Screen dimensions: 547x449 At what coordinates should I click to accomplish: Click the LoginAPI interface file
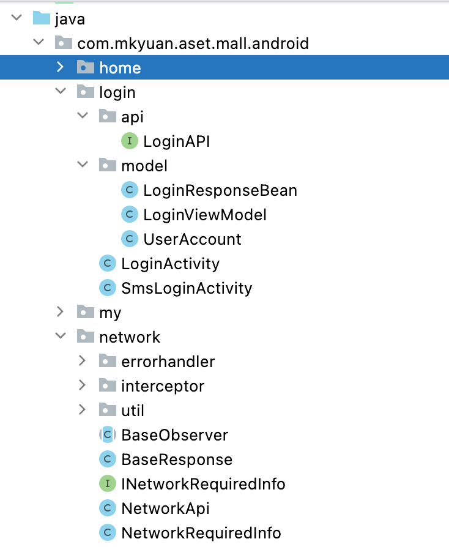pyautogui.click(x=177, y=141)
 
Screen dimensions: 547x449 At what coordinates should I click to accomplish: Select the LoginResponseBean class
pyautogui.click(x=220, y=190)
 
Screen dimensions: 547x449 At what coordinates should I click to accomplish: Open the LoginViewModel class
pyautogui.click(x=205, y=215)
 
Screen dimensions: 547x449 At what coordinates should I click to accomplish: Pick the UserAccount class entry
pyautogui.click(x=192, y=239)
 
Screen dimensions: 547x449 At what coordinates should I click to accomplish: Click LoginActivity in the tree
pyautogui.click(x=170, y=264)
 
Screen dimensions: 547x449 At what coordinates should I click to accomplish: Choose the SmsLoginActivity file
pyautogui.click(x=187, y=288)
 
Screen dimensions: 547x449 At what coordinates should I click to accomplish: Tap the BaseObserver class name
pyautogui.click(x=174, y=435)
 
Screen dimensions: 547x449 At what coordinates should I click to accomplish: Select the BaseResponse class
pyautogui.click(x=177, y=460)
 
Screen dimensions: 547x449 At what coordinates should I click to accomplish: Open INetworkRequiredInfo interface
pyautogui.click(x=203, y=484)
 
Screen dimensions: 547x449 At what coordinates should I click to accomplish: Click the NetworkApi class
pyautogui.click(x=165, y=508)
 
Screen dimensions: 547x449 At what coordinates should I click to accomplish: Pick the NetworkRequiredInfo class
pyautogui.click(x=201, y=533)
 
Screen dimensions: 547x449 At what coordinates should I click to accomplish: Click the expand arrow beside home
pyautogui.click(x=60, y=67)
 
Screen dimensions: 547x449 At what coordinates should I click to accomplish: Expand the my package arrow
pyautogui.click(x=60, y=312)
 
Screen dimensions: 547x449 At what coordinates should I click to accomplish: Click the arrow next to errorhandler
pyautogui.click(x=83, y=361)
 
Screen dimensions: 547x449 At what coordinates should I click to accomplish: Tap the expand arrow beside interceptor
pyautogui.click(x=83, y=385)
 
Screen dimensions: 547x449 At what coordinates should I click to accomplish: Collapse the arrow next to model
pyautogui.click(x=83, y=165)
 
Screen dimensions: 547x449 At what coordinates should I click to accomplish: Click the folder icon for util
pyautogui.click(x=107, y=410)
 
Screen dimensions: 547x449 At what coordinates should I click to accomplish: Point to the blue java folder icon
pyautogui.click(x=41, y=18)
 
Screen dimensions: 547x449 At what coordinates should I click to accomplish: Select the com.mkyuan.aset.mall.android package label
pyautogui.click(x=193, y=43)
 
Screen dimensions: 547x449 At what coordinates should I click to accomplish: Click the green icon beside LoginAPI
pyautogui.click(x=129, y=141)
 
